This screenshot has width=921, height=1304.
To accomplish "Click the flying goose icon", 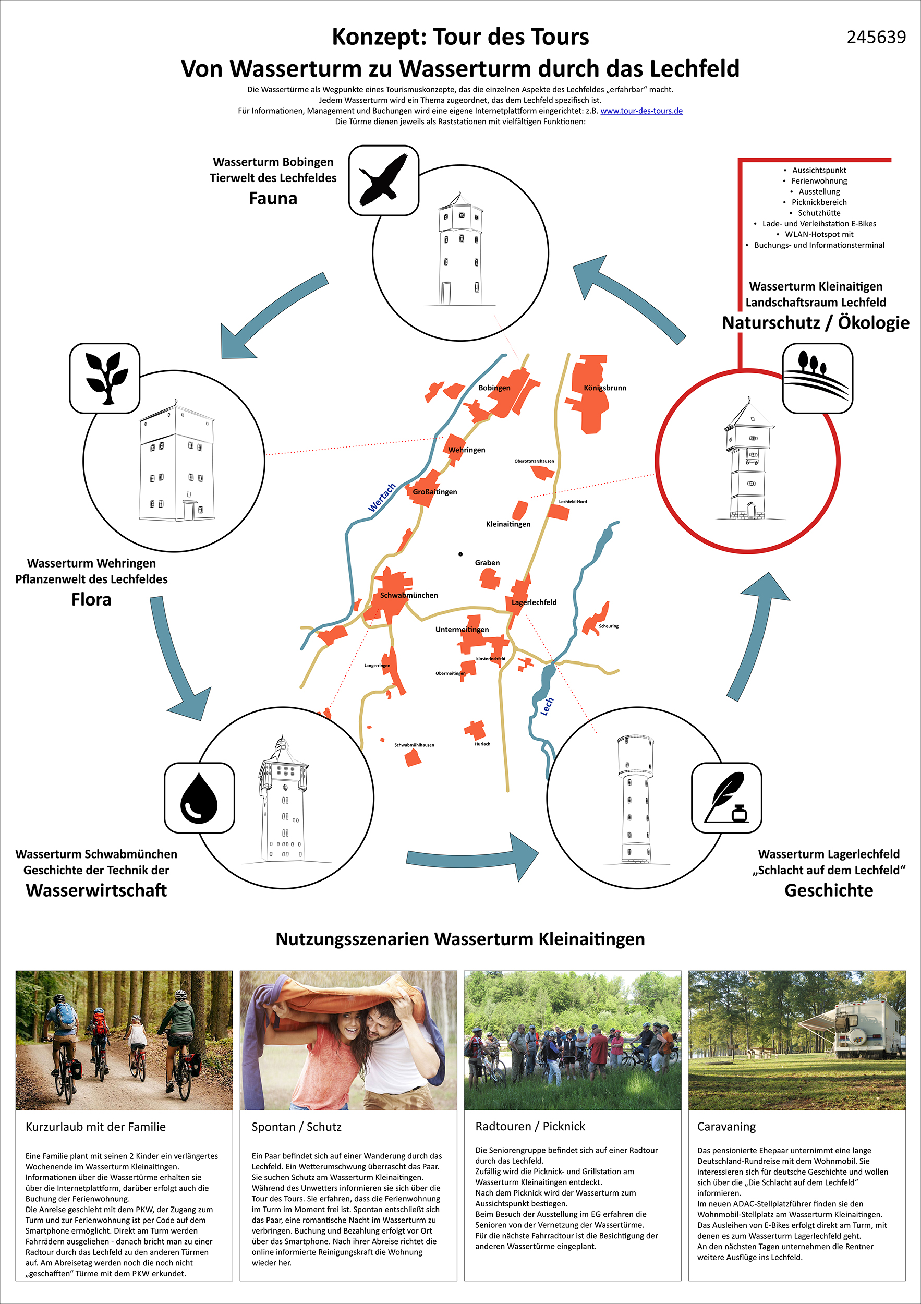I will [384, 180].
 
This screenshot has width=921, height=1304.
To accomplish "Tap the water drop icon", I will [199, 798].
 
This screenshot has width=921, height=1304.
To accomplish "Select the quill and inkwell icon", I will [726, 798].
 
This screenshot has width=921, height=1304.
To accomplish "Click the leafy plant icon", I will [105, 378].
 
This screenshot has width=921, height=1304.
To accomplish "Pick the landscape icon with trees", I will [817, 378].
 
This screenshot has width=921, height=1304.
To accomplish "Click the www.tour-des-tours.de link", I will [641, 111].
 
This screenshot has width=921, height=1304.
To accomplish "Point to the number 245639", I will [876, 38].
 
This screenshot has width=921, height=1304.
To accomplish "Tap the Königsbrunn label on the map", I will [605, 388].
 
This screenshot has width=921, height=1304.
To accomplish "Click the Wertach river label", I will [382, 498].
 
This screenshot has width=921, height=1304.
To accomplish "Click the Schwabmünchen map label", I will [409, 595].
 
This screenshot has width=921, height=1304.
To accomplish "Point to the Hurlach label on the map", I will [482, 744].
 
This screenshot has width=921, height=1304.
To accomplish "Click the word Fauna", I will [273, 199].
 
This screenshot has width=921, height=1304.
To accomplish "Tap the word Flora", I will [91, 600].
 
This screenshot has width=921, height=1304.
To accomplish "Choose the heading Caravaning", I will [726, 1127].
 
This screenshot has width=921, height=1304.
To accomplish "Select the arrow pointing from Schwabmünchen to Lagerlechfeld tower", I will [471, 858].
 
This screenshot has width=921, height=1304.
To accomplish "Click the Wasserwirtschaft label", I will [96, 890].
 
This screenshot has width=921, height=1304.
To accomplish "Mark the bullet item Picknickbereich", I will [819, 202].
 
